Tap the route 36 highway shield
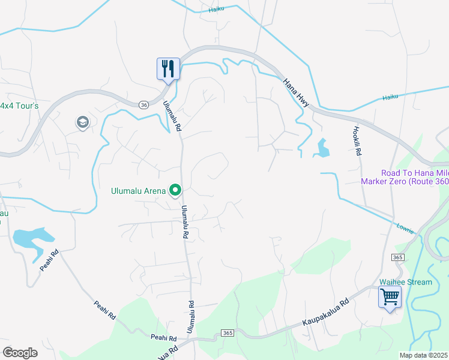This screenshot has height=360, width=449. [143, 104]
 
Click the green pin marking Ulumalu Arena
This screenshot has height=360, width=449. [175, 190]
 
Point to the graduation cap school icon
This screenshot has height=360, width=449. [82, 123]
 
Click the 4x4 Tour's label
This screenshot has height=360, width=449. [19, 106]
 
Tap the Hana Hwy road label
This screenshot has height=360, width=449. [296, 93]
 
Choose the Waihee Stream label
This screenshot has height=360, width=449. [405, 282]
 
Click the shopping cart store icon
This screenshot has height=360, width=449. [390, 296]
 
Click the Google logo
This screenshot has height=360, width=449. [20, 353]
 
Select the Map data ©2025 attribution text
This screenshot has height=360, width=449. [423, 355]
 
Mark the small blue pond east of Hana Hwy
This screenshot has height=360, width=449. [322, 148]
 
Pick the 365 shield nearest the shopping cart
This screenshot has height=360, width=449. [399, 257]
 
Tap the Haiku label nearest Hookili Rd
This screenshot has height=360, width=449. [390, 96]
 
